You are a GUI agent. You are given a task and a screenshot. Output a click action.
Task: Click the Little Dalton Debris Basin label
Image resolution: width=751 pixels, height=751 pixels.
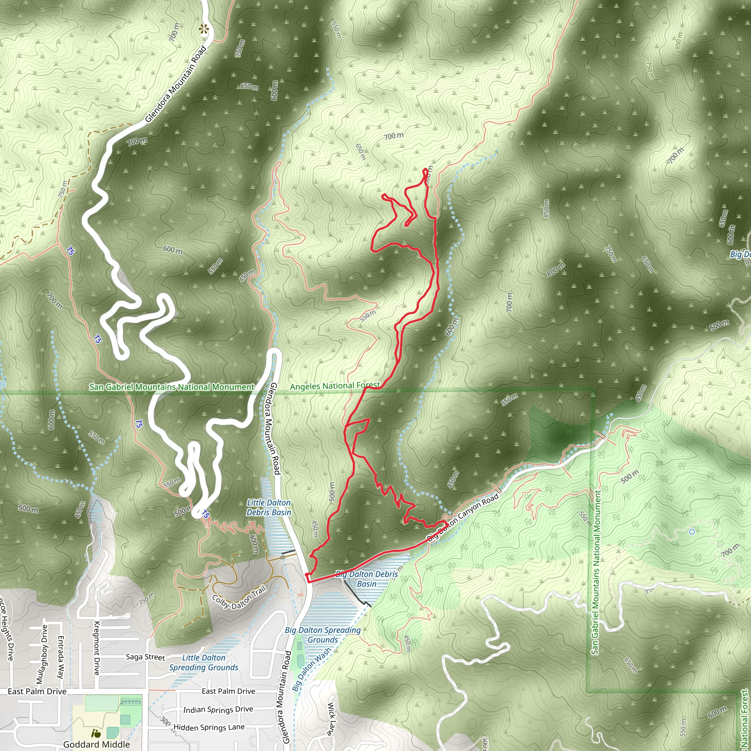pos(268,507)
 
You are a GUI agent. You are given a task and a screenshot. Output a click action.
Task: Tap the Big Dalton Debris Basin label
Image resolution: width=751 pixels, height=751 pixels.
pos(367,579)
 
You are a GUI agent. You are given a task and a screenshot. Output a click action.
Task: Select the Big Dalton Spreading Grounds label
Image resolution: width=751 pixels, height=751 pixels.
pos(323,635)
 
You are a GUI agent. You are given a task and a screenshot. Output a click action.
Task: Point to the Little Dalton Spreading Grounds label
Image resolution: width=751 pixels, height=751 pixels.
pos(204,662)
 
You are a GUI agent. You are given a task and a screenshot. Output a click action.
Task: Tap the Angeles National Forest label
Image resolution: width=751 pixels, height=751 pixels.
pos(335,386)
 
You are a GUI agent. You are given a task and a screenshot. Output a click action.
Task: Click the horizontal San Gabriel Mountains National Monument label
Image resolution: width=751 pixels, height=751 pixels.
pos(171,387)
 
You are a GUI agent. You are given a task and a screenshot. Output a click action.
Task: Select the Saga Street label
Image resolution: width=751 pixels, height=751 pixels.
pos(145,656)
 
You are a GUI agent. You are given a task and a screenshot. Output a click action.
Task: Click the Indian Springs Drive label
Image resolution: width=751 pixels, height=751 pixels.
pos(218,710)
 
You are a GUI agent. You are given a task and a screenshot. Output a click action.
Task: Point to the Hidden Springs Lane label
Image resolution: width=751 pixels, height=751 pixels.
pos(209,727)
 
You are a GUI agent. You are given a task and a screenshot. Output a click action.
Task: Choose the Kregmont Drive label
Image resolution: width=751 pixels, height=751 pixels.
pos(96,648)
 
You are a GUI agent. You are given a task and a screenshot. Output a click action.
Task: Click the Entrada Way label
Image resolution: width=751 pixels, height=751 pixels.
pos(61,657)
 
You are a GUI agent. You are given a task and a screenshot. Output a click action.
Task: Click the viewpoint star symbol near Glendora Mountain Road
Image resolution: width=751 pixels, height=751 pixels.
pos(203,28)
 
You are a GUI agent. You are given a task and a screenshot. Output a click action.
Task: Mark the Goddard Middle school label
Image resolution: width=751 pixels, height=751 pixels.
pos(96,744)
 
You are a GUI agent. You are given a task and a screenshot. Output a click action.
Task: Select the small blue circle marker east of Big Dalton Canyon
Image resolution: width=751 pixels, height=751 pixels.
pos(692,531)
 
